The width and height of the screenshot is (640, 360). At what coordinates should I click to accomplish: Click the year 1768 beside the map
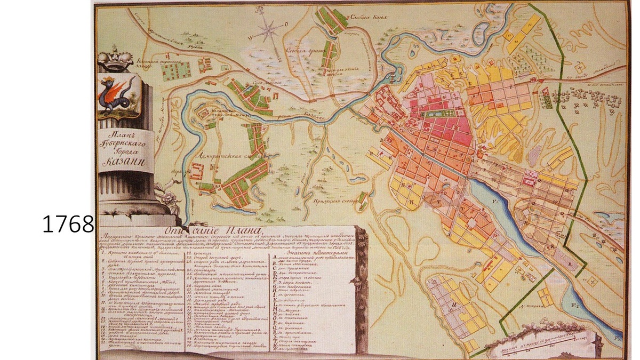[x=68, y=225]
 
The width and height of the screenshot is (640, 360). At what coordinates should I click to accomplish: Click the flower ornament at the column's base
[x=169, y=200]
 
